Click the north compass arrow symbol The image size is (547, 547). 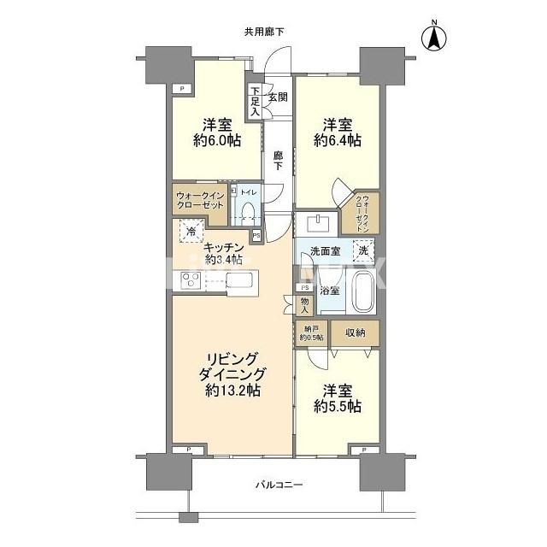[435, 37]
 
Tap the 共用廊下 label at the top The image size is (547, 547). [264, 32]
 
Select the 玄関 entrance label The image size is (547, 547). [278, 97]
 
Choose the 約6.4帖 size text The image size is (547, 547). [337, 139]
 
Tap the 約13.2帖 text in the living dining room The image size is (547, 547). [232, 391]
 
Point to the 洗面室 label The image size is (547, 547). [325, 252]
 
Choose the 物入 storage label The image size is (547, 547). [306, 305]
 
